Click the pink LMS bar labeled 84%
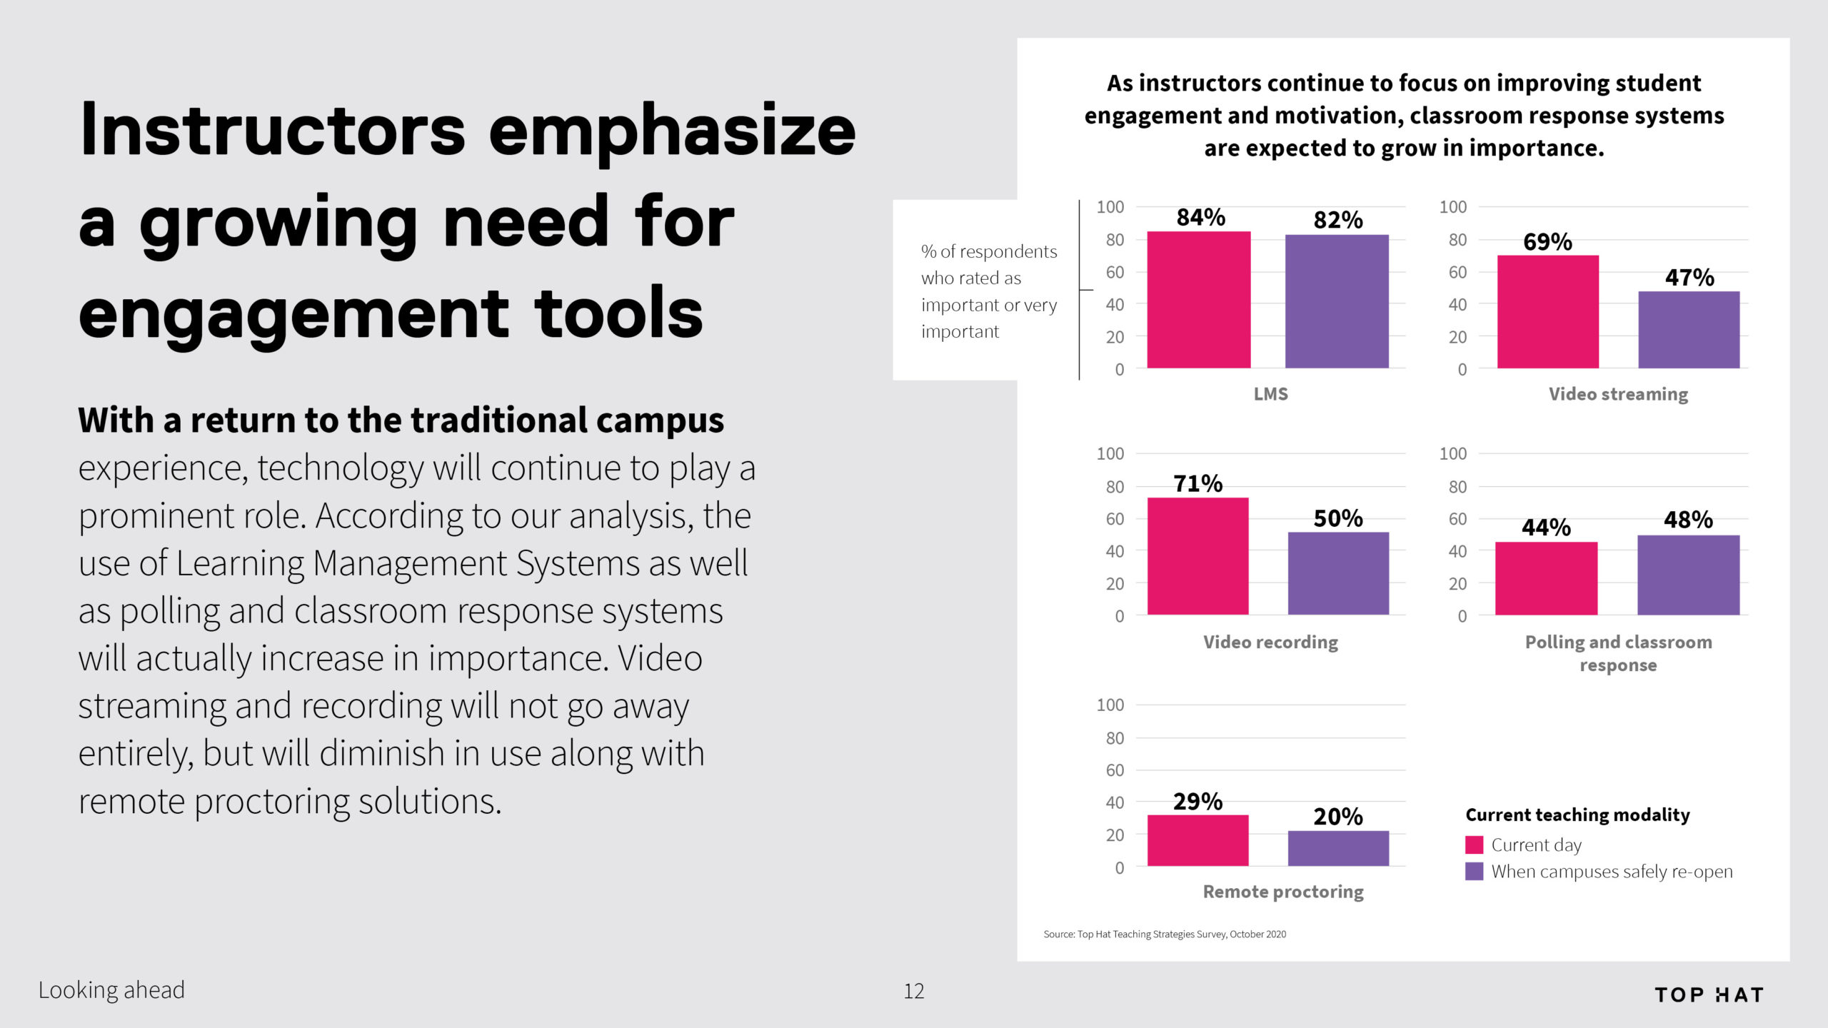click(1199, 300)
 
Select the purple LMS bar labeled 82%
click(1337, 301)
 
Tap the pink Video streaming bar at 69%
click(1548, 312)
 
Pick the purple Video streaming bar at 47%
click(1689, 330)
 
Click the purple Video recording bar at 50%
click(1338, 573)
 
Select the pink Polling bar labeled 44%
click(1546, 578)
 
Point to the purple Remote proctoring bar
click(1338, 848)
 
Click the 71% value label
click(1198, 483)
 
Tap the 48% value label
click(1688, 519)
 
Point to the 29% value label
click(1198, 801)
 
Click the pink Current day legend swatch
click(1474, 845)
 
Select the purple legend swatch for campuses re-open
click(1474, 872)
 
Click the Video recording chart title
click(1271, 642)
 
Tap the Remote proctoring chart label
click(1283, 892)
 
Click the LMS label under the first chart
click(1271, 394)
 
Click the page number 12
click(914, 991)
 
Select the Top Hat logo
click(1709, 995)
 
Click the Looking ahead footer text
click(111, 990)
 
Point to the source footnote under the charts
click(1165, 934)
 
